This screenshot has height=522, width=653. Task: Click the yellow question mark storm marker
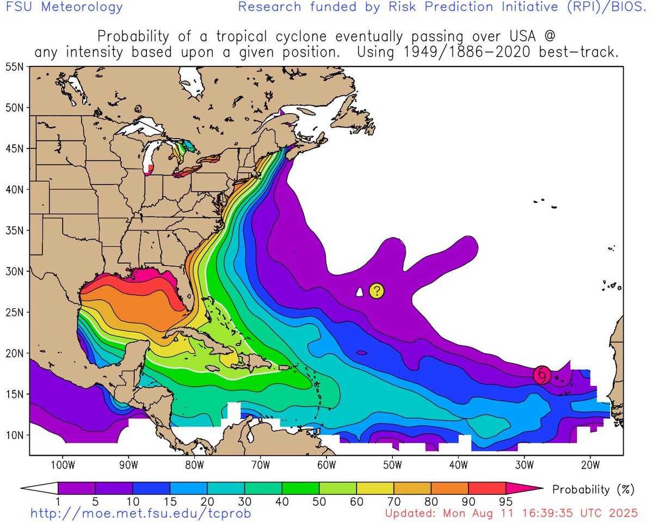click(377, 291)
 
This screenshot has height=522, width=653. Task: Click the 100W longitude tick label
click(61, 465)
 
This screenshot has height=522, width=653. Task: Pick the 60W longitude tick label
click(326, 465)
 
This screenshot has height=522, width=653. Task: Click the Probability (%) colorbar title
click(593, 489)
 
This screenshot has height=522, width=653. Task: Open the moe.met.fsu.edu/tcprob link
click(140, 513)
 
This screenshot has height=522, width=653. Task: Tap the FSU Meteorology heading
click(61, 8)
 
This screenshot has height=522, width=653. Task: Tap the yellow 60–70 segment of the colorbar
click(375, 488)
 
